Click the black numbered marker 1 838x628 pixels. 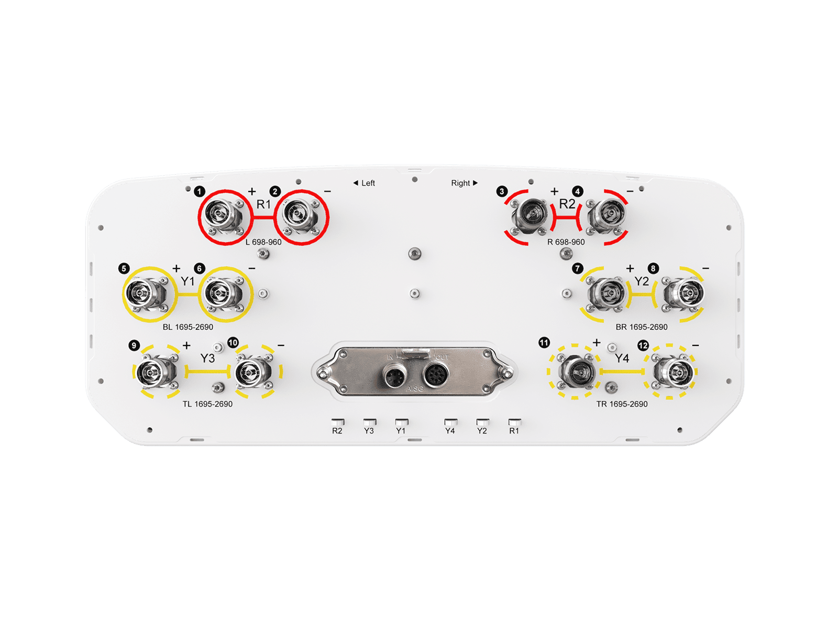(200, 191)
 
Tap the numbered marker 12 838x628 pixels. (643, 345)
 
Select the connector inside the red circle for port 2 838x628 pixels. (299, 217)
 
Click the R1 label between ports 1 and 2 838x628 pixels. (263, 205)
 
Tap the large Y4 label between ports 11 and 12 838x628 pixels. (622, 358)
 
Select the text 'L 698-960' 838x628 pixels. (263, 242)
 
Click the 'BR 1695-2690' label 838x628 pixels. (642, 327)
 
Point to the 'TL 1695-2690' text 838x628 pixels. (207, 404)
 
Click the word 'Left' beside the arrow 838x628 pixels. (368, 183)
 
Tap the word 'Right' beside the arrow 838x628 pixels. (460, 183)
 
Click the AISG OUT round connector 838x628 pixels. (435, 374)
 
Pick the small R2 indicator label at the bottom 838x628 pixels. (337, 431)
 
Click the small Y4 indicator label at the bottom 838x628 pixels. (450, 431)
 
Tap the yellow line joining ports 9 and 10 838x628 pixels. (207, 371)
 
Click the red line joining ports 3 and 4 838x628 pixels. (566, 218)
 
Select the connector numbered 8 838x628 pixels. (684, 294)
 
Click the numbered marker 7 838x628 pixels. (577, 268)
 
